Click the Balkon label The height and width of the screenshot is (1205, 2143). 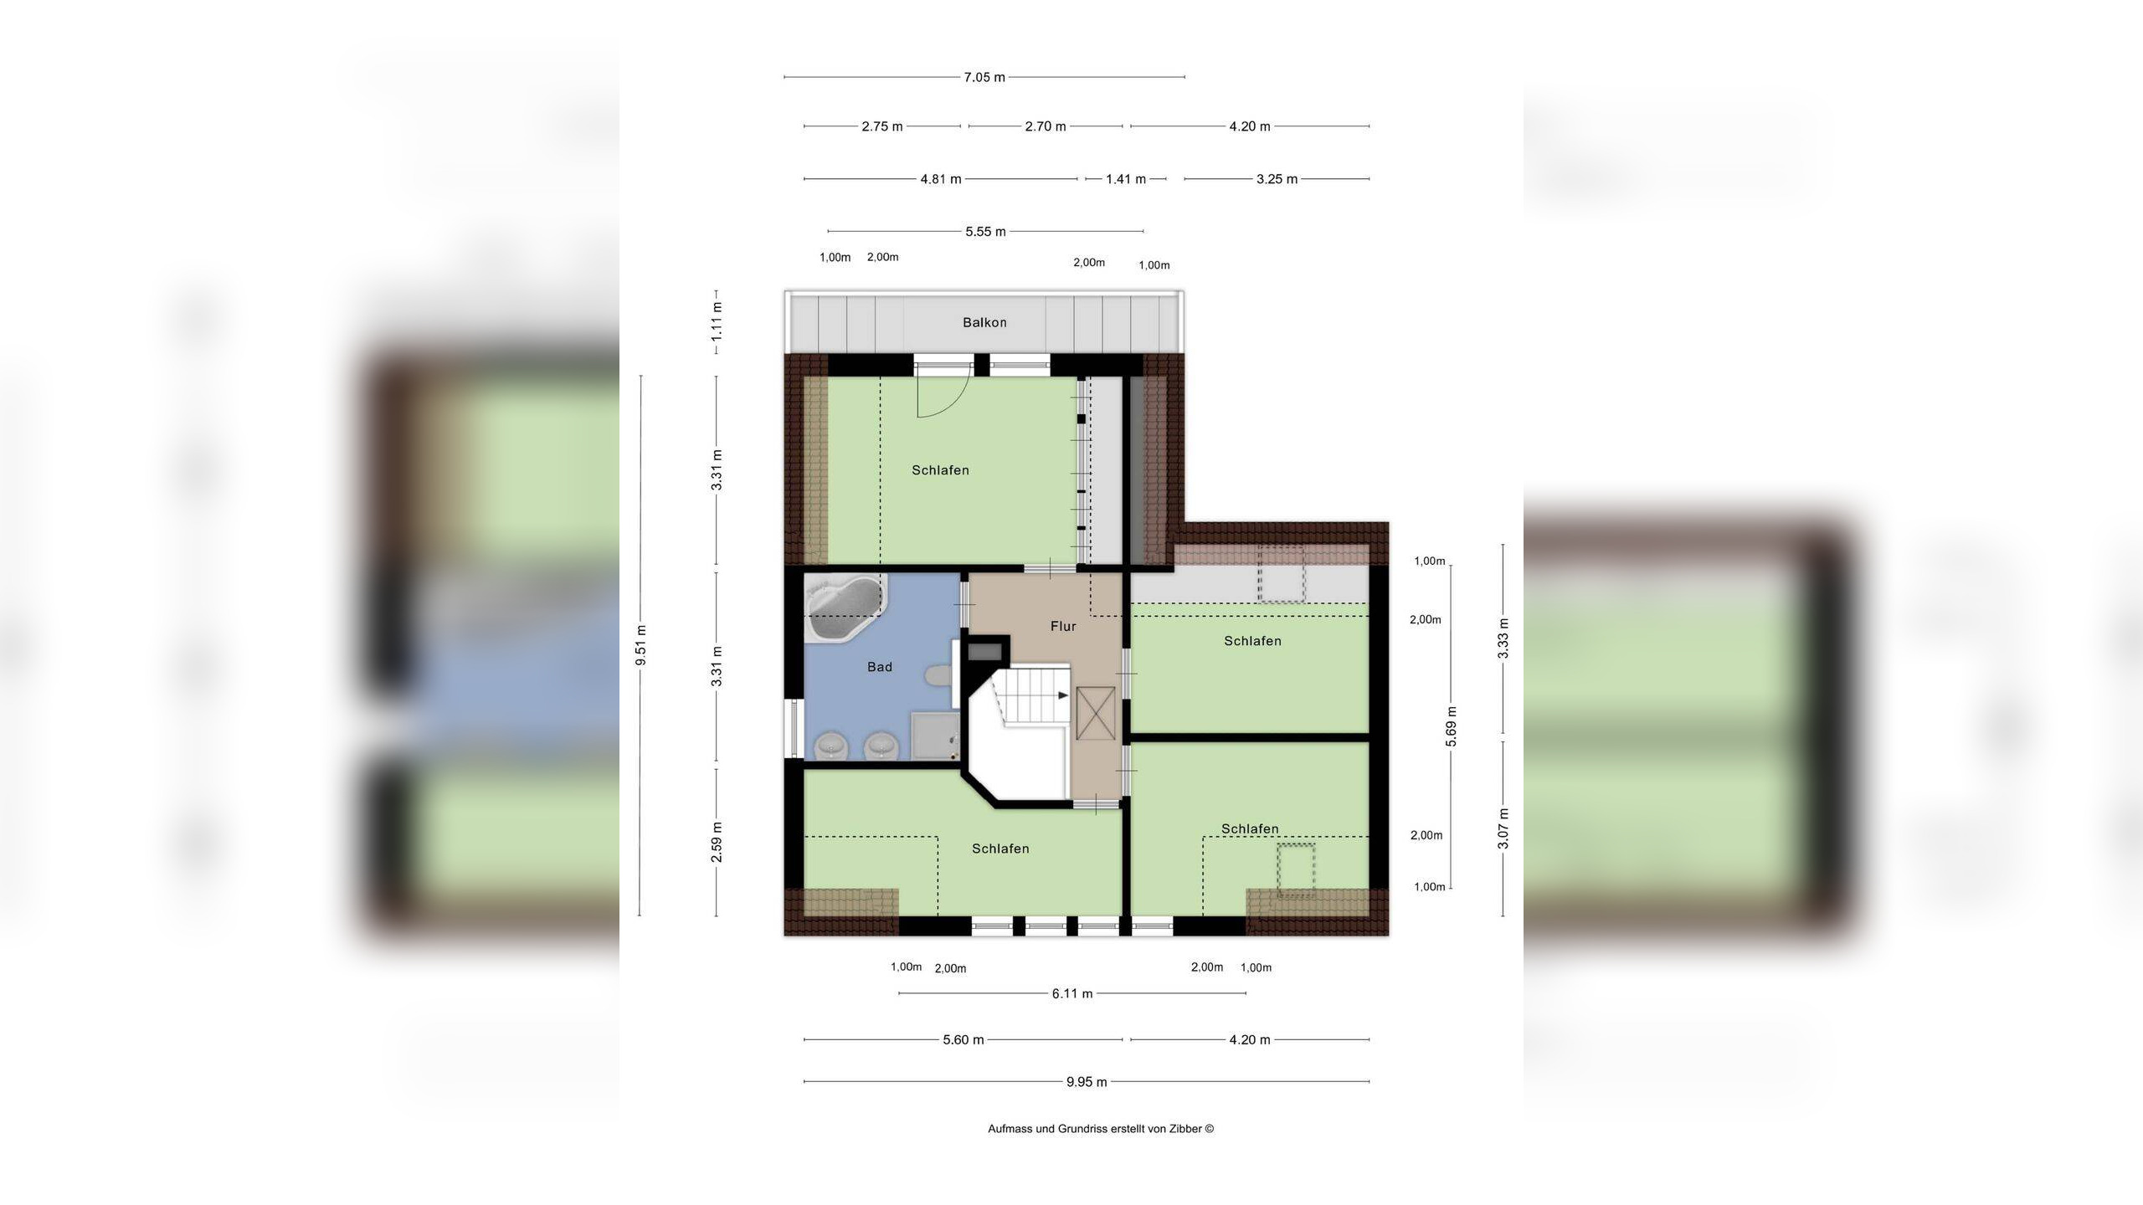984,322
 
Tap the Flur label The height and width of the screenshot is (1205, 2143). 1063,626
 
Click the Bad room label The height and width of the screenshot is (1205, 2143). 880,667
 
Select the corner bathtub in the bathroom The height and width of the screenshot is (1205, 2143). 844,608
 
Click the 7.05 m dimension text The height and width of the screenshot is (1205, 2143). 984,77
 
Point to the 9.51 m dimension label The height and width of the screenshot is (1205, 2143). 641,645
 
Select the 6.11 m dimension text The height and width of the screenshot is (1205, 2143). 1072,993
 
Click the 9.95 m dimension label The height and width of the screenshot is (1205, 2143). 1087,1082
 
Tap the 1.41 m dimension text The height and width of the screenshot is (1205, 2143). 1126,179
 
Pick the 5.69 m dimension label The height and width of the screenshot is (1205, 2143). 1452,726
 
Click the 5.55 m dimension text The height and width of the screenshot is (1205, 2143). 986,232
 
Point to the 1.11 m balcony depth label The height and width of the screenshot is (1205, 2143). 717,320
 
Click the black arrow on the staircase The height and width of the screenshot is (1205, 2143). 1064,695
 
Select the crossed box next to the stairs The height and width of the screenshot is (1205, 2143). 1096,712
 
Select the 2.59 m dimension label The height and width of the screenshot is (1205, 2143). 717,843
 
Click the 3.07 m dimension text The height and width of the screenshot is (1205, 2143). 1503,828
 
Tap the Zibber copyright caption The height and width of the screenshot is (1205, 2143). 1101,1129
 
